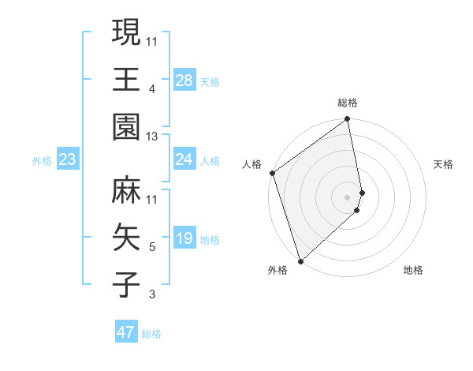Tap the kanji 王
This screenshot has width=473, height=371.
click(x=126, y=80)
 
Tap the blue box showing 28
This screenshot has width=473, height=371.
click(x=184, y=81)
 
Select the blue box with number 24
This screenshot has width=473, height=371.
click(x=184, y=160)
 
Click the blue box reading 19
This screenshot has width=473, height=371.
click(x=184, y=239)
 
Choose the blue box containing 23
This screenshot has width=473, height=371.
click(x=68, y=160)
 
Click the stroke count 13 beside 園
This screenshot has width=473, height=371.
click(x=153, y=137)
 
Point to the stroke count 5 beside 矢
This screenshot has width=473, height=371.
click(x=152, y=247)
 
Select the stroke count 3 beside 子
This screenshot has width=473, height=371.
click(x=152, y=295)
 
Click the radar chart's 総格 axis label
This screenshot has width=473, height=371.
click(x=348, y=103)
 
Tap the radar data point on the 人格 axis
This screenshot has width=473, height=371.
click(x=272, y=173)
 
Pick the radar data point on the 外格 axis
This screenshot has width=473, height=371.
click(x=300, y=260)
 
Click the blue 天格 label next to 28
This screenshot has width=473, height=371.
click(x=209, y=82)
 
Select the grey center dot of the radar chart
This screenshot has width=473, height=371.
click(x=348, y=197)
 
